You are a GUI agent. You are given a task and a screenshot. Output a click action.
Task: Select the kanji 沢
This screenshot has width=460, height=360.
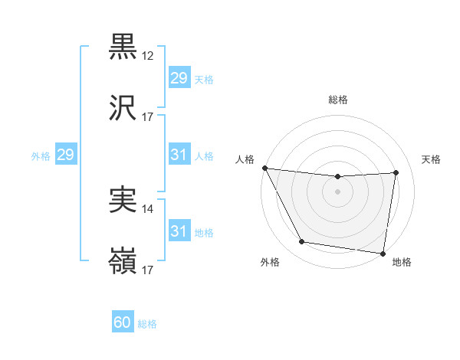coord(123,110)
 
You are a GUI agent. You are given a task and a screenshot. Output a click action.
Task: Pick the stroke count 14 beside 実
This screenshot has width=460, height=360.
coord(148,208)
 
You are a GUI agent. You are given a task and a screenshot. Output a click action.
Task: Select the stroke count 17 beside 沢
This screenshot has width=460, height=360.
coord(148,117)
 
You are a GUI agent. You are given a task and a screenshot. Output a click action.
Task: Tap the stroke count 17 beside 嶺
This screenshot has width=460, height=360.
coord(148,270)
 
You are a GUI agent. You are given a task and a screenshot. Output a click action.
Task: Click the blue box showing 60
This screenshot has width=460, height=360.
coord(123,322)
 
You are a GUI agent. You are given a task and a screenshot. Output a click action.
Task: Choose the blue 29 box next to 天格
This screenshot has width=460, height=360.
coord(179,78)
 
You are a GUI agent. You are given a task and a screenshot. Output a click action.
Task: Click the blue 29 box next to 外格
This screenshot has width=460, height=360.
coord(65,155)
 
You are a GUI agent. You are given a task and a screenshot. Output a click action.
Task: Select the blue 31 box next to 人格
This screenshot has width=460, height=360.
coord(179,155)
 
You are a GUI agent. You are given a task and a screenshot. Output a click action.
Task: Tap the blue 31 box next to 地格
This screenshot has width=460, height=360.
coord(179,231)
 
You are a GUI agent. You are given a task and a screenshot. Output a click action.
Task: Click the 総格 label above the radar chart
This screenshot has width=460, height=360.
coord(338,100)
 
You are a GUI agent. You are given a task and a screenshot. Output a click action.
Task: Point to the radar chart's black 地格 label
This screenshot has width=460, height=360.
coord(402,262)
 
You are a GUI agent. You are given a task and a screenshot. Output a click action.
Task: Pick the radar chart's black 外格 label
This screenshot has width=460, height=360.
coord(271,262)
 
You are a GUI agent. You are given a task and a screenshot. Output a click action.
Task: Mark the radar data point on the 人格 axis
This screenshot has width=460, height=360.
coord(264,168)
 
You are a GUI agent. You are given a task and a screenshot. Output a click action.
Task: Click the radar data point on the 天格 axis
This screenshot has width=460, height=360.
coord(396,172)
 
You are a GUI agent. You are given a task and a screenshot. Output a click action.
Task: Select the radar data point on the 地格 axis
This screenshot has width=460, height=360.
coord(383,253)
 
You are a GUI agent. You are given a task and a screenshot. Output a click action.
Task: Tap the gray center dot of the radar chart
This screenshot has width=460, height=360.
coord(338,191)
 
